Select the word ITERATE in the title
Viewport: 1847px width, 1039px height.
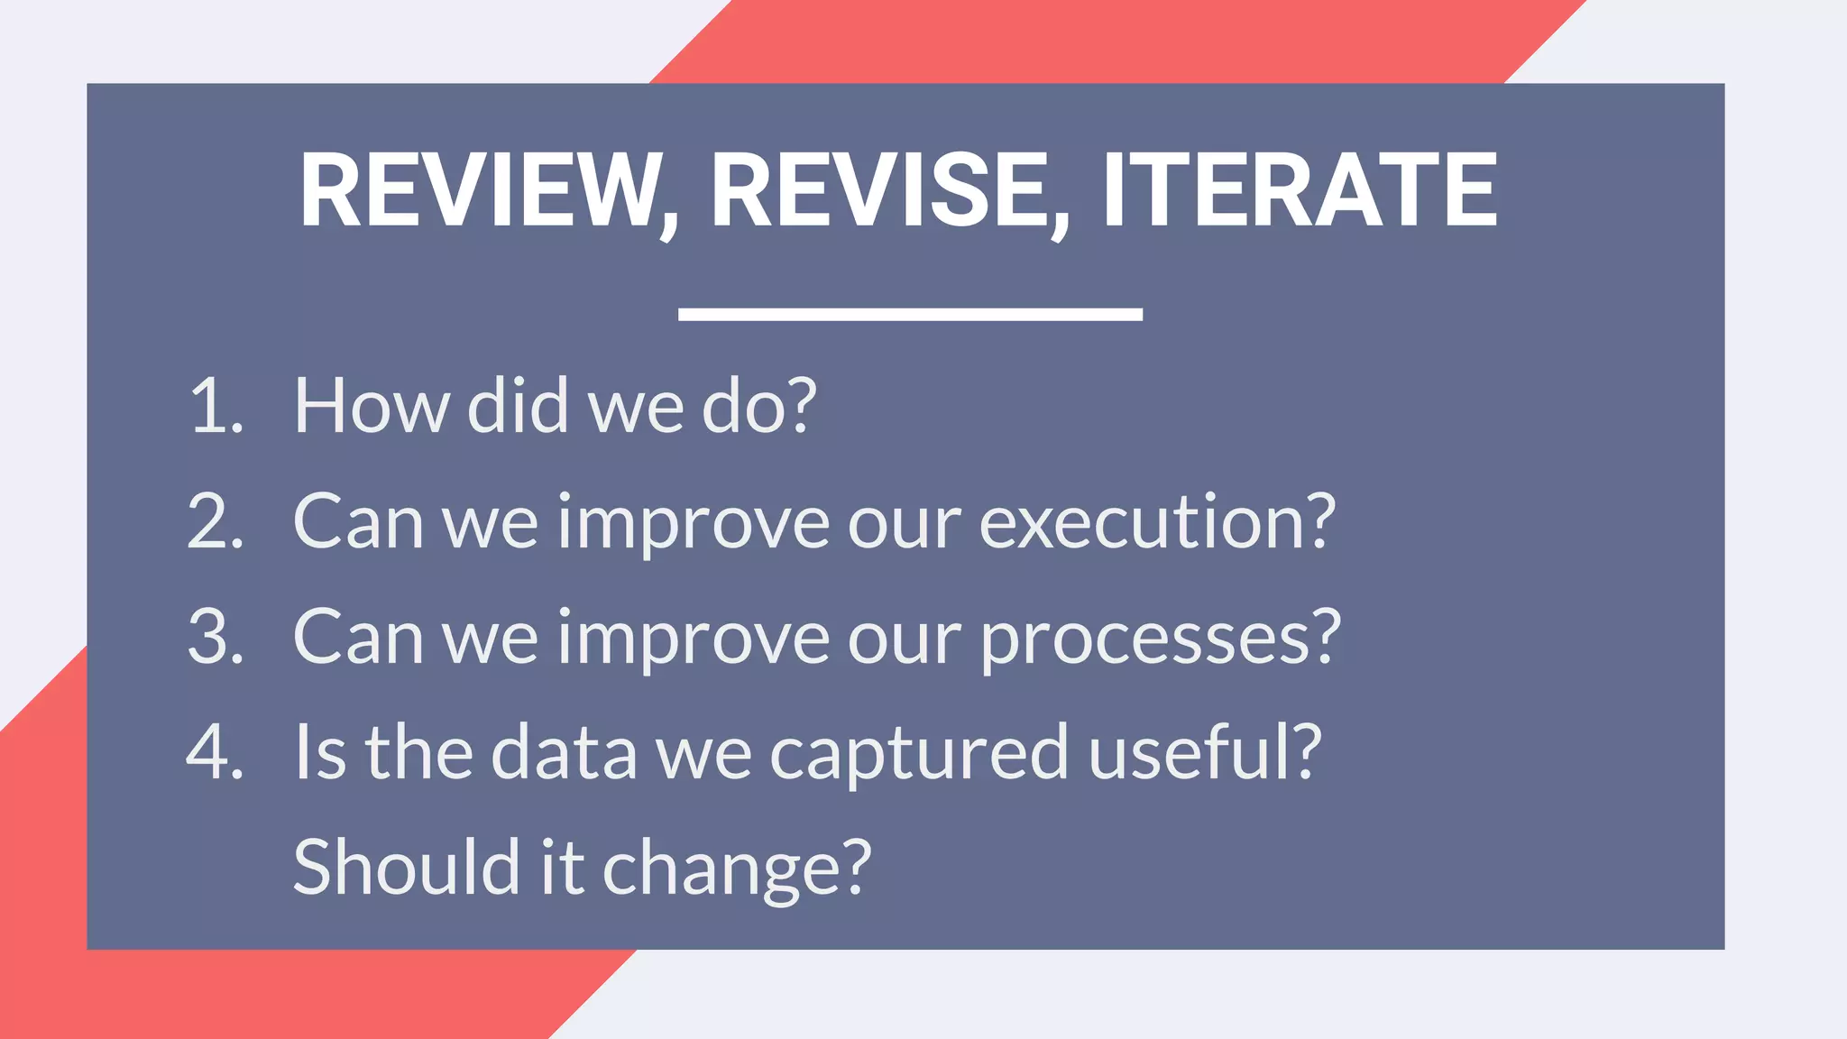tap(1300, 191)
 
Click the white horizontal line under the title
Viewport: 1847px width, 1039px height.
tap(910, 314)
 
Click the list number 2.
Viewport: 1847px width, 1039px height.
tap(215, 521)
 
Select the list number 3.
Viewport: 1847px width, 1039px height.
tap(215, 637)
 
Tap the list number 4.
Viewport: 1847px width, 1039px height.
tap(215, 752)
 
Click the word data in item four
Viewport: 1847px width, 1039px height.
tap(565, 752)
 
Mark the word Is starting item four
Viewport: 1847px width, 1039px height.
tap(320, 752)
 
